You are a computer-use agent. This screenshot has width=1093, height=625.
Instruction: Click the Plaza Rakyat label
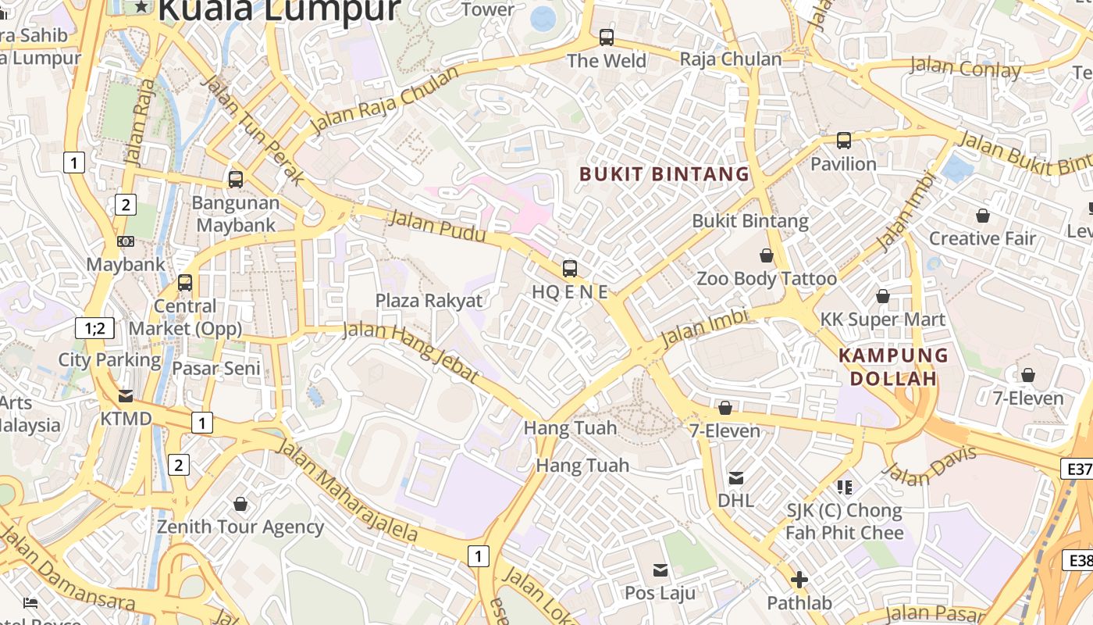click(429, 301)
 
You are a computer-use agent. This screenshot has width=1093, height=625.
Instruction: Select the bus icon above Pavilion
click(844, 141)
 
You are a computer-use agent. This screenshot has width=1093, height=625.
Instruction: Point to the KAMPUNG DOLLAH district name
click(893, 367)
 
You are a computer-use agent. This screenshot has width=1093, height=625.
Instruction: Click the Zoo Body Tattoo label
click(766, 279)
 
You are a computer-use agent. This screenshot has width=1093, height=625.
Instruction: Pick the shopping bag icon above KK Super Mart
click(883, 296)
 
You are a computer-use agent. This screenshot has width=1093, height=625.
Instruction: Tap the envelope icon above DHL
click(735, 477)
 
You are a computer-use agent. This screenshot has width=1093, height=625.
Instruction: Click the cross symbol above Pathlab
click(799, 580)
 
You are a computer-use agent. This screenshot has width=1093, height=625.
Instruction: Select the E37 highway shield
click(1077, 469)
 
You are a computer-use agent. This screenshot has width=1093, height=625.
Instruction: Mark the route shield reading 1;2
click(94, 328)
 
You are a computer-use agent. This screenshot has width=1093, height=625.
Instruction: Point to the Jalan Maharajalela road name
click(348, 492)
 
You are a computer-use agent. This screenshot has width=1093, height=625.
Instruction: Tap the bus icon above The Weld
click(607, 37)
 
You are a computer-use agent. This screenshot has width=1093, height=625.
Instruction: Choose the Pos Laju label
click(660, 593)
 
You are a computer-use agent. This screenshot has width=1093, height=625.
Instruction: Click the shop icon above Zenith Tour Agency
click(240, 504)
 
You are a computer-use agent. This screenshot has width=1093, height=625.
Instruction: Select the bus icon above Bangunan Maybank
click(236, 180)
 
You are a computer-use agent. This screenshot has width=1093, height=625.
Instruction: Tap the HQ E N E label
click(569, 292)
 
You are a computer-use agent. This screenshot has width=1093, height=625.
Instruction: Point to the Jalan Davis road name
click(930, 466)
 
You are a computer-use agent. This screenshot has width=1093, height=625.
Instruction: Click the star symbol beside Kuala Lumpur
click(141, 7)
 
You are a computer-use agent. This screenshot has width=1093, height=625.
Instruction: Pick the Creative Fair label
click(982, 238)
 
